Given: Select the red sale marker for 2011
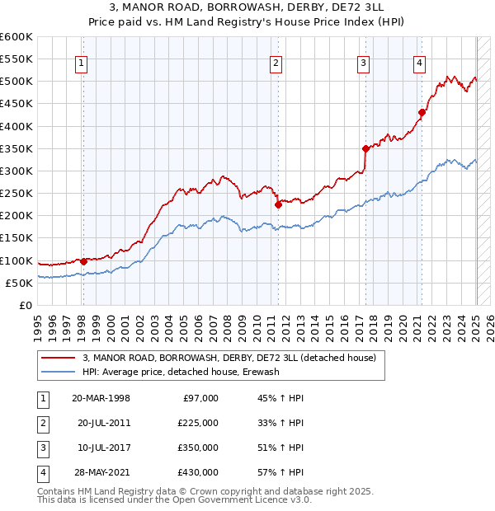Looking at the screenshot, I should tap(278, 204).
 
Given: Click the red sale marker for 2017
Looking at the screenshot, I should tap(365, 148).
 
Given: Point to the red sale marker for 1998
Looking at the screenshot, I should tap(83, 261).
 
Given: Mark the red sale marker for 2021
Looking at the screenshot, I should tap(421, 112).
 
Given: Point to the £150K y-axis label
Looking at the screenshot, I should tap(16, 238).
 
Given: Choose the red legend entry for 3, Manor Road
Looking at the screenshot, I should tap(229, 358).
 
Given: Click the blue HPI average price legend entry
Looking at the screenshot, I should tap(181, 372).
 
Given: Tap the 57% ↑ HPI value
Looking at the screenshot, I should tap(280, 472).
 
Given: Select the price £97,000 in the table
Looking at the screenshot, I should tap(199, 398).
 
